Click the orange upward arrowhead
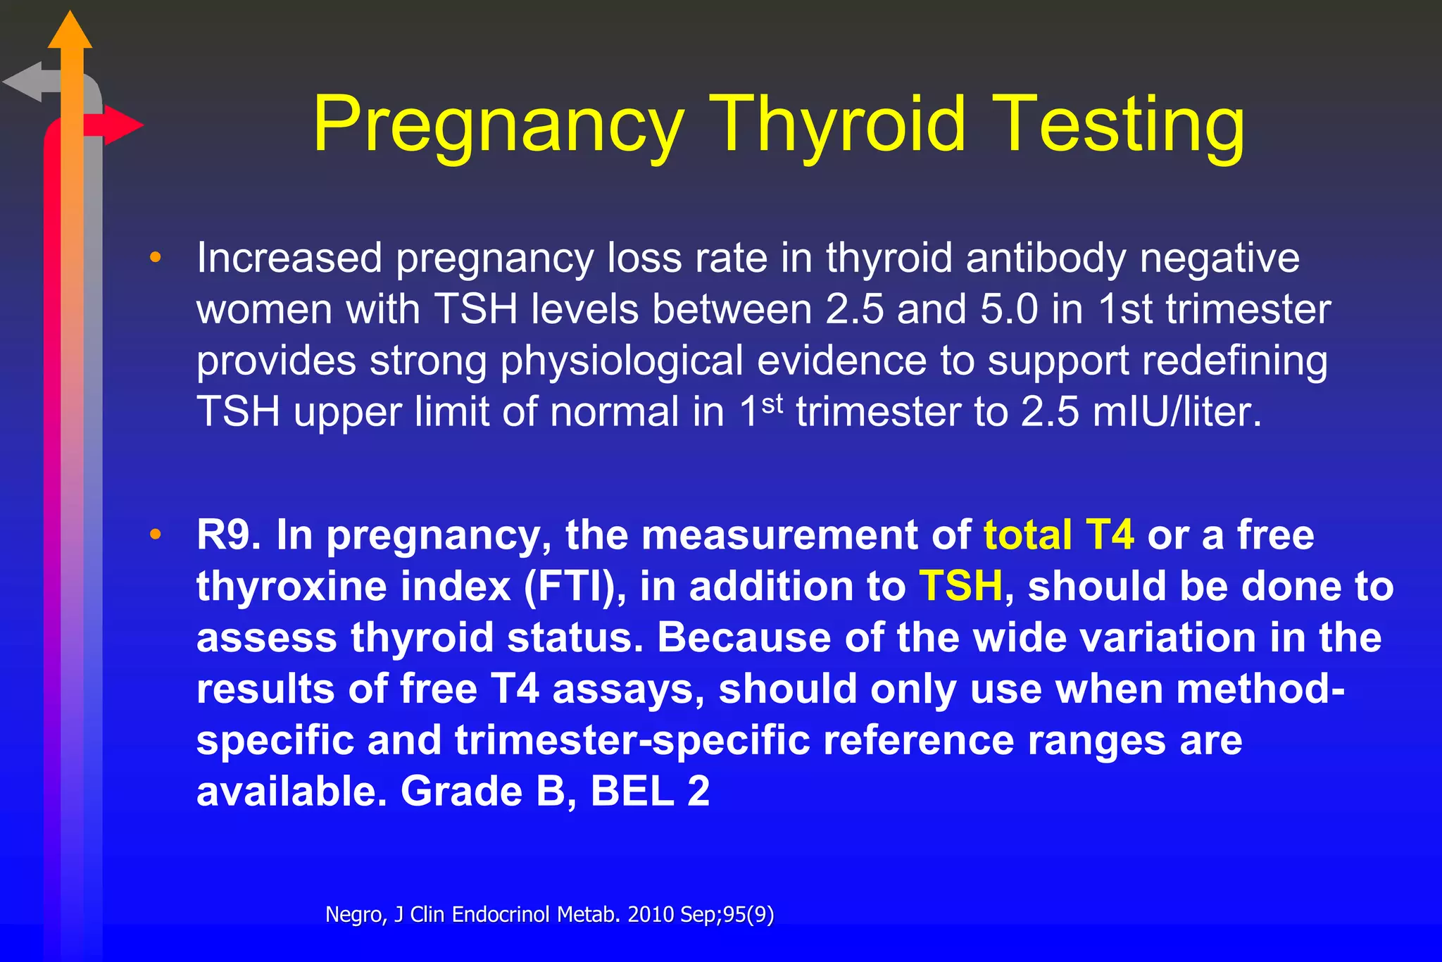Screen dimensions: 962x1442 click(x=70, y=32)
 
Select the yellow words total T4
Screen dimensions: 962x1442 click(x=1058, y=535)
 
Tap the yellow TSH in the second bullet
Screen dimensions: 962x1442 click(x=960, y=586)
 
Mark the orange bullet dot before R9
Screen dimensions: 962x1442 click(x=156, y=535)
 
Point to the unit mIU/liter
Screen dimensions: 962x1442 click(x=1177, y=412)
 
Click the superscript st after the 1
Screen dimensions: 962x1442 click(x=772, y=404)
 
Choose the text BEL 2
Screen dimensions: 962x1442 click(x=650, y=791)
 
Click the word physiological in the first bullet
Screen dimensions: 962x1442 click(x=622, y=361)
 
